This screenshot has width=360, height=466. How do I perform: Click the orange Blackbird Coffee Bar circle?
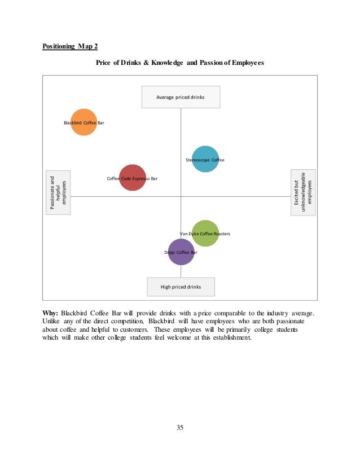click(84, 122)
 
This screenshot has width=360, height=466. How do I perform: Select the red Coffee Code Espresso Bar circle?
click(133, 178)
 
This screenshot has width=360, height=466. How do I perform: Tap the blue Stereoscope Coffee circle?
click(205, 159)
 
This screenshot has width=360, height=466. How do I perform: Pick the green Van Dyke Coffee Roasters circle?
click(205, 233)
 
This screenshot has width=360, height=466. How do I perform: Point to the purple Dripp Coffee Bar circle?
click(181, 252)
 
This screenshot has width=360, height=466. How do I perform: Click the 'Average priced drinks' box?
click(181, 97)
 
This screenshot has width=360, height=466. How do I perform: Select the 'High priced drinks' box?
click(181, 287)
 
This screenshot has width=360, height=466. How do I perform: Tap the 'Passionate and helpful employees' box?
click(58, 192)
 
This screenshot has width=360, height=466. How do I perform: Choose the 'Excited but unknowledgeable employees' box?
click(303, 192)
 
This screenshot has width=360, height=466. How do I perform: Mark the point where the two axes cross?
click(181, 196)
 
